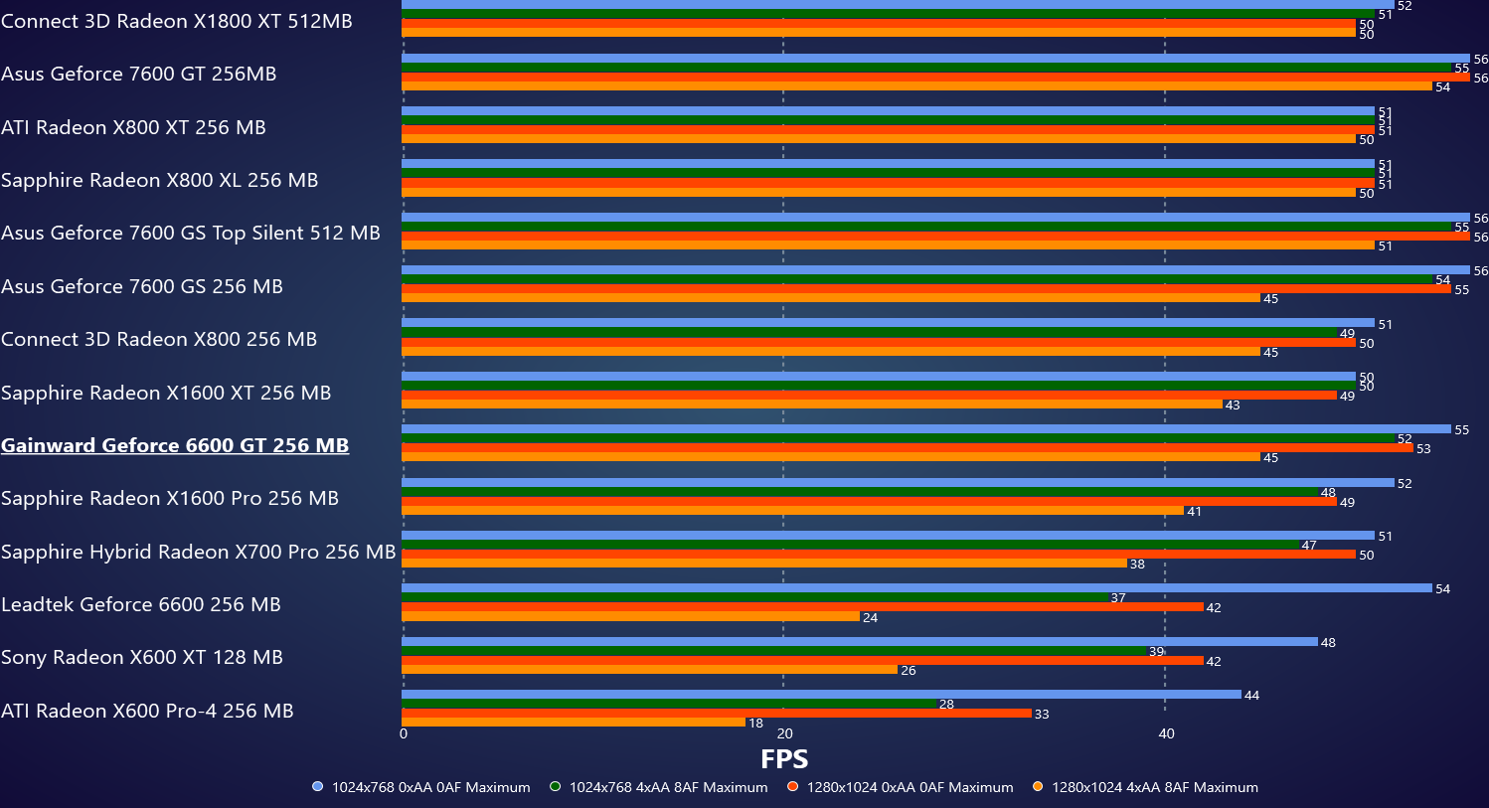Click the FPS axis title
tap(784, 759)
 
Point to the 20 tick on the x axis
tap(784, 734)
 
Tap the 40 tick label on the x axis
tap(1166, 734)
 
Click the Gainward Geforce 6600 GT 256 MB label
tap(175, 445)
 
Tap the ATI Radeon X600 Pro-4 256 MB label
tap(147, 711)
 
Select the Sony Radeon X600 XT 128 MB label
tap(142, 657)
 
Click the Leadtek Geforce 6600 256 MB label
tap(141, 604)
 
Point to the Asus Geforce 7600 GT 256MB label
tap(139, 74)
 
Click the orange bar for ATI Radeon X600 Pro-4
tap(574, 723)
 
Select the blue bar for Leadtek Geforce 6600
tap(916, 588)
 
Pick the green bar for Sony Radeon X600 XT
tap(774, 651)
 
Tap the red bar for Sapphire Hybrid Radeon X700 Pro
tap(879, 555)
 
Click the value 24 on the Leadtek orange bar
tap(871, 618)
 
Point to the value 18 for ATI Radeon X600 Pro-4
tap(756, 724)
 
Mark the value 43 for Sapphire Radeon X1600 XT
tap(1233, 405)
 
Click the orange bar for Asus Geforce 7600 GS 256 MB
tap(831, 298)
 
